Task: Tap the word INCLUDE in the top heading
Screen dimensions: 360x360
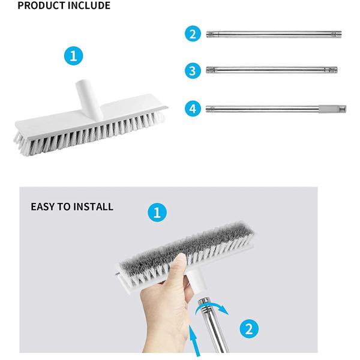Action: click(x=87, y=6)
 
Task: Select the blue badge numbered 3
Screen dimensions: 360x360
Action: click(x=192, y=71)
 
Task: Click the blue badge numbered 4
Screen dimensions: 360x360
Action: click(x=192, y=109)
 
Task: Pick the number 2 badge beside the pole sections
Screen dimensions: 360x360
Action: click(x=192, y=33)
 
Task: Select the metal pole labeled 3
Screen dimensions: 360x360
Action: click(x=271, y=71)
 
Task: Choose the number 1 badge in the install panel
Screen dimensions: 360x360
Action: click(x=157, y=212)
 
